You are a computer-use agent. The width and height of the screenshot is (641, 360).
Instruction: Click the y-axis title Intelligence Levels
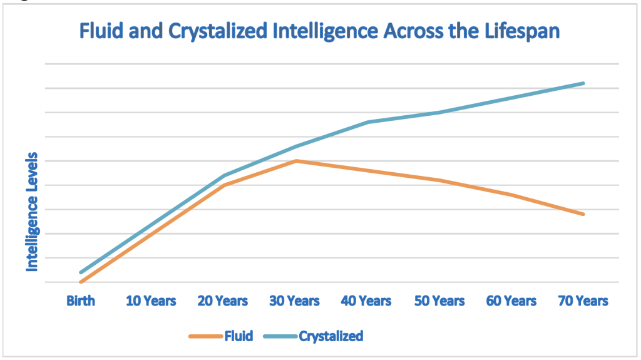32,212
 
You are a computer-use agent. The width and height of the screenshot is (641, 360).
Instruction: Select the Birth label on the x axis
81,301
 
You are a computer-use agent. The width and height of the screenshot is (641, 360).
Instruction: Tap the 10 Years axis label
151,301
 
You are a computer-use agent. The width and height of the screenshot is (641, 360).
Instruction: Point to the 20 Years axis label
223,301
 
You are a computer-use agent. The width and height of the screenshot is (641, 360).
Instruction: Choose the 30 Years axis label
295,301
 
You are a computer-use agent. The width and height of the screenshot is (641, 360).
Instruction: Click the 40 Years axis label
367,301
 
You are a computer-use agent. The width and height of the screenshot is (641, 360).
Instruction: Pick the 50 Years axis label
439,301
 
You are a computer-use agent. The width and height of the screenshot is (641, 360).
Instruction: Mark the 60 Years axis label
511,301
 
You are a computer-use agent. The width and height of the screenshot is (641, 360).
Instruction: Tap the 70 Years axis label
583,301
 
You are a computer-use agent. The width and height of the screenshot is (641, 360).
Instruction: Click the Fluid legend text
238,336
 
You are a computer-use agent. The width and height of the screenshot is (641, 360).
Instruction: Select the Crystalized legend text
331,336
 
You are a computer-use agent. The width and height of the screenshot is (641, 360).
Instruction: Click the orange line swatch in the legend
205,337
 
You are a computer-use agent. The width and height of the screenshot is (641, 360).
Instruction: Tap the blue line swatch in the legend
280,337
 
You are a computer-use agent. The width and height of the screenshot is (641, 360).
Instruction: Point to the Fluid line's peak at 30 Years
295,161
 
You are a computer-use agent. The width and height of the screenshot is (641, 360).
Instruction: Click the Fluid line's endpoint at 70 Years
583,214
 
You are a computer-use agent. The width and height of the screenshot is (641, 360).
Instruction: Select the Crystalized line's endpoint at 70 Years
583,83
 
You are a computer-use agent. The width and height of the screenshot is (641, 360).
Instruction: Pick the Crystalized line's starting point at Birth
81,272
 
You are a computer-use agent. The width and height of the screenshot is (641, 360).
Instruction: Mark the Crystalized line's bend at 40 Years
367,122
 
